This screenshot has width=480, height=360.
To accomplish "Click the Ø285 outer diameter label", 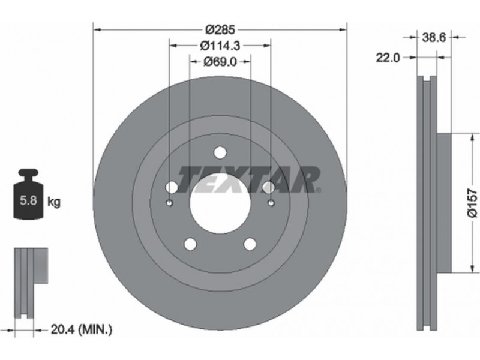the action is [220, 29].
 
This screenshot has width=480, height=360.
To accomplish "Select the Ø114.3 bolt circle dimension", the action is [220, 46].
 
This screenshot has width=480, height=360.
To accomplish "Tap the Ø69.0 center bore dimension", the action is [220, 62].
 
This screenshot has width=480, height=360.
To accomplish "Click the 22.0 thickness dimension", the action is [388, 58].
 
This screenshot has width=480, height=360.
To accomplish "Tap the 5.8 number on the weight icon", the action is [28, 200].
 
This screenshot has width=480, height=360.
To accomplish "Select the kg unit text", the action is [54, 202].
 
